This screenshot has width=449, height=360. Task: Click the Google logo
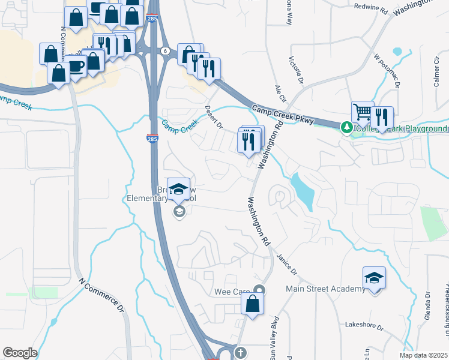coord(20,353)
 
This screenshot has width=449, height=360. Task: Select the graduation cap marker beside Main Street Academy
coord(374,278)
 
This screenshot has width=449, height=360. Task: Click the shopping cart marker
coord(363,112)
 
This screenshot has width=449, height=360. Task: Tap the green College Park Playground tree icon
coord(346,128)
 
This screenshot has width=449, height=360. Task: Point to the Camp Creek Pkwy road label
coord(282,115)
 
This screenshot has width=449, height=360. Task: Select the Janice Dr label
coord(286,264)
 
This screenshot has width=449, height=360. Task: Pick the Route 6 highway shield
coord(164,51)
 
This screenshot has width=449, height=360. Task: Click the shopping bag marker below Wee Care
coord(253,305)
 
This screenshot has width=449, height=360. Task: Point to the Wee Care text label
coord(232,292)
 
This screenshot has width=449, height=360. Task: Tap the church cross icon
coord(240,353)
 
